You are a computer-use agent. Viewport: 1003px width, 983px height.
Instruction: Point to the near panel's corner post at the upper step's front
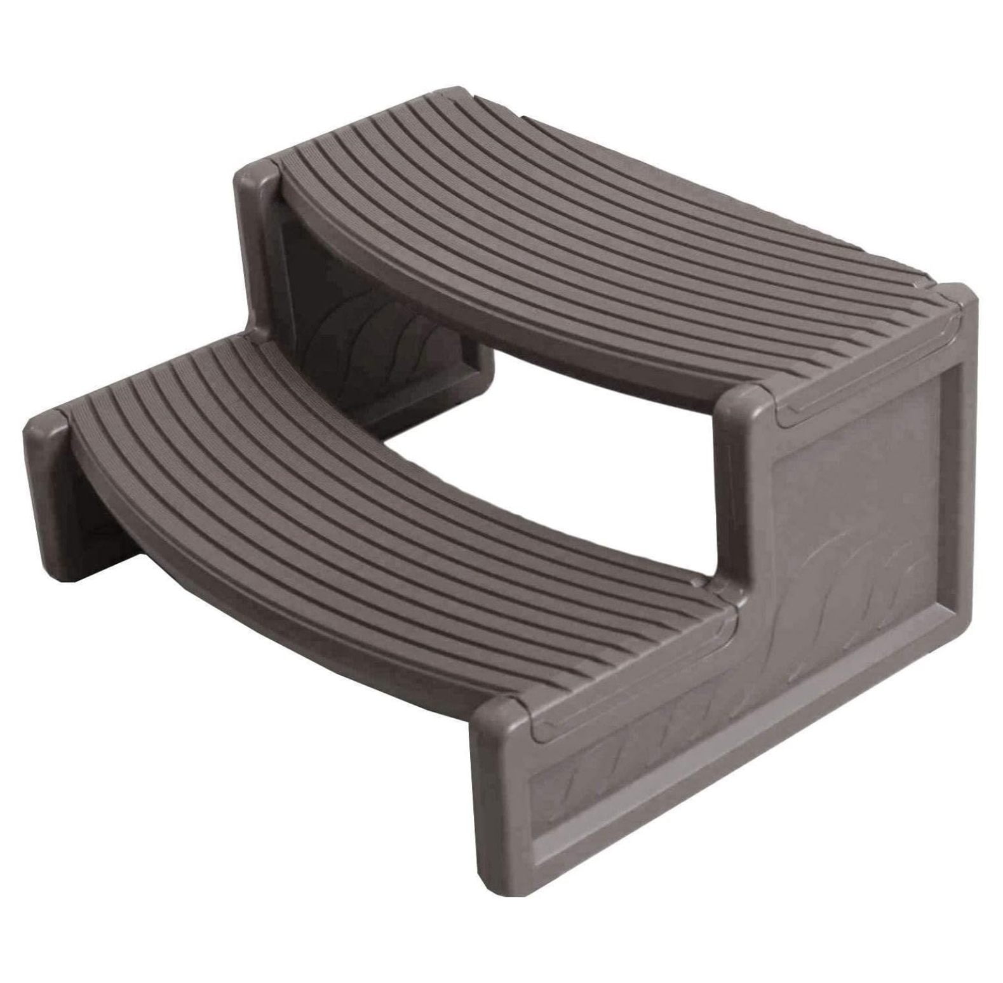pos(743,406)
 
